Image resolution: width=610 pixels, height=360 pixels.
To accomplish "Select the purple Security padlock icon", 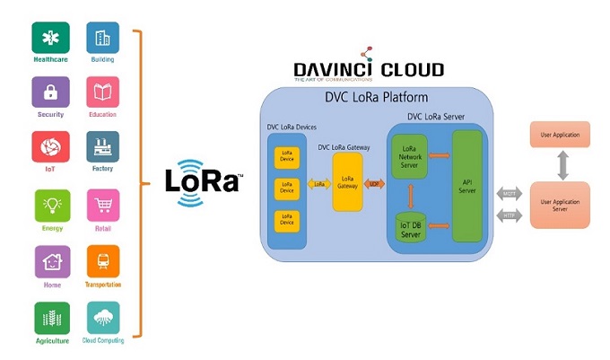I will click(50, 92).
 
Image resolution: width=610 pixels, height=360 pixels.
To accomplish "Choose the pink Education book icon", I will click(103, 92).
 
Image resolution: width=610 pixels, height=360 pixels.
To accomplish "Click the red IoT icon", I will click(50, 147).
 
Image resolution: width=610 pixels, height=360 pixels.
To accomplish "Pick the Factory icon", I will click(103, 147).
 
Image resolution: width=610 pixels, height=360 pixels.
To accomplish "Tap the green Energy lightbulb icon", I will click(50, 206).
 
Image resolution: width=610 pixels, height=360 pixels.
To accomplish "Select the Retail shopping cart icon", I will click(103, 206).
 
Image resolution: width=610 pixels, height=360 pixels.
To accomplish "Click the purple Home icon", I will click(50, 261).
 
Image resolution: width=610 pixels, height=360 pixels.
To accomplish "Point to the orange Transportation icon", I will click(103, 261).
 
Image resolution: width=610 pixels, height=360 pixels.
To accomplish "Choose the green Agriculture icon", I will click(50, 318).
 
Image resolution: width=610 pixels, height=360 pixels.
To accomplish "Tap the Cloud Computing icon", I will click(103, 318).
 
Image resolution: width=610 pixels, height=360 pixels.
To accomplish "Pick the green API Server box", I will click(468, 186).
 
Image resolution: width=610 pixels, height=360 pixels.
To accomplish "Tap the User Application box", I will click(560, 135).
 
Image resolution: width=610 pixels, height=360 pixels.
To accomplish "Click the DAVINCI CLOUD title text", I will click(369, 70).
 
